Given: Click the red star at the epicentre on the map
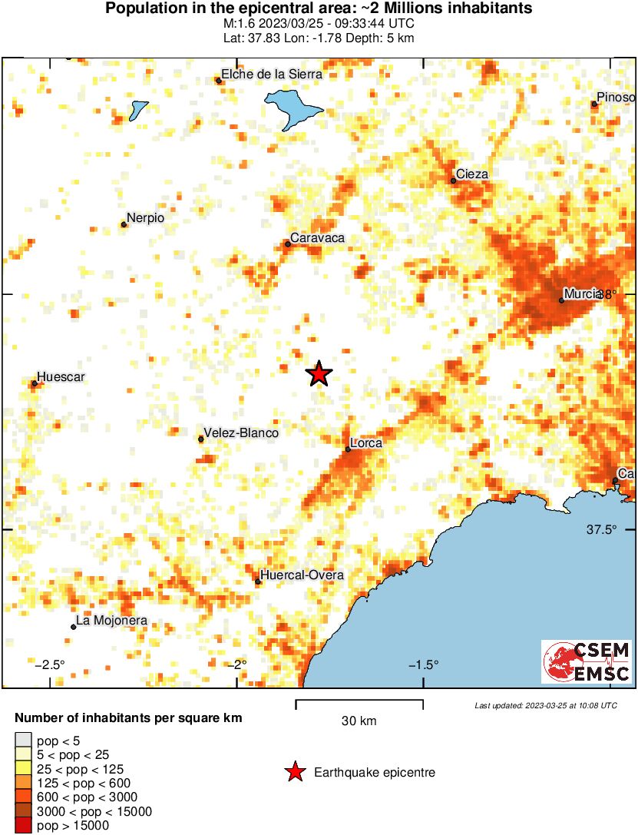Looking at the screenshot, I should coord(319,374).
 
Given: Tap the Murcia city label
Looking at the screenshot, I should coord(582,293).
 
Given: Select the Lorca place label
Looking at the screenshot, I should coord(365,443).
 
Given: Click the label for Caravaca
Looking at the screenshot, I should coord(318,238).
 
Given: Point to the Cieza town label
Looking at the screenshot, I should coord(471,174).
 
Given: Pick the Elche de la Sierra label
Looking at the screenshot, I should coord(272,75).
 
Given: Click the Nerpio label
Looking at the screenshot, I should coord(145,218).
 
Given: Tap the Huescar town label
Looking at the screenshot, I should coord(61,377).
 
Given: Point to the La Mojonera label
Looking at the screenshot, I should coord(111,621).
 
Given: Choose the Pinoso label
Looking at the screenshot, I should coord(617,98).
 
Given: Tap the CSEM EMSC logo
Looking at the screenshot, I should coord(587,662).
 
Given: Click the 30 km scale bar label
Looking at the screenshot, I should coord(359,721).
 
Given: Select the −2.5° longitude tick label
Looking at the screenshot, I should coord(52,664).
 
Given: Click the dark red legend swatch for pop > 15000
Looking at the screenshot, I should coord(24,826).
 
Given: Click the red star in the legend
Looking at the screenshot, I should coord(294,772).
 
